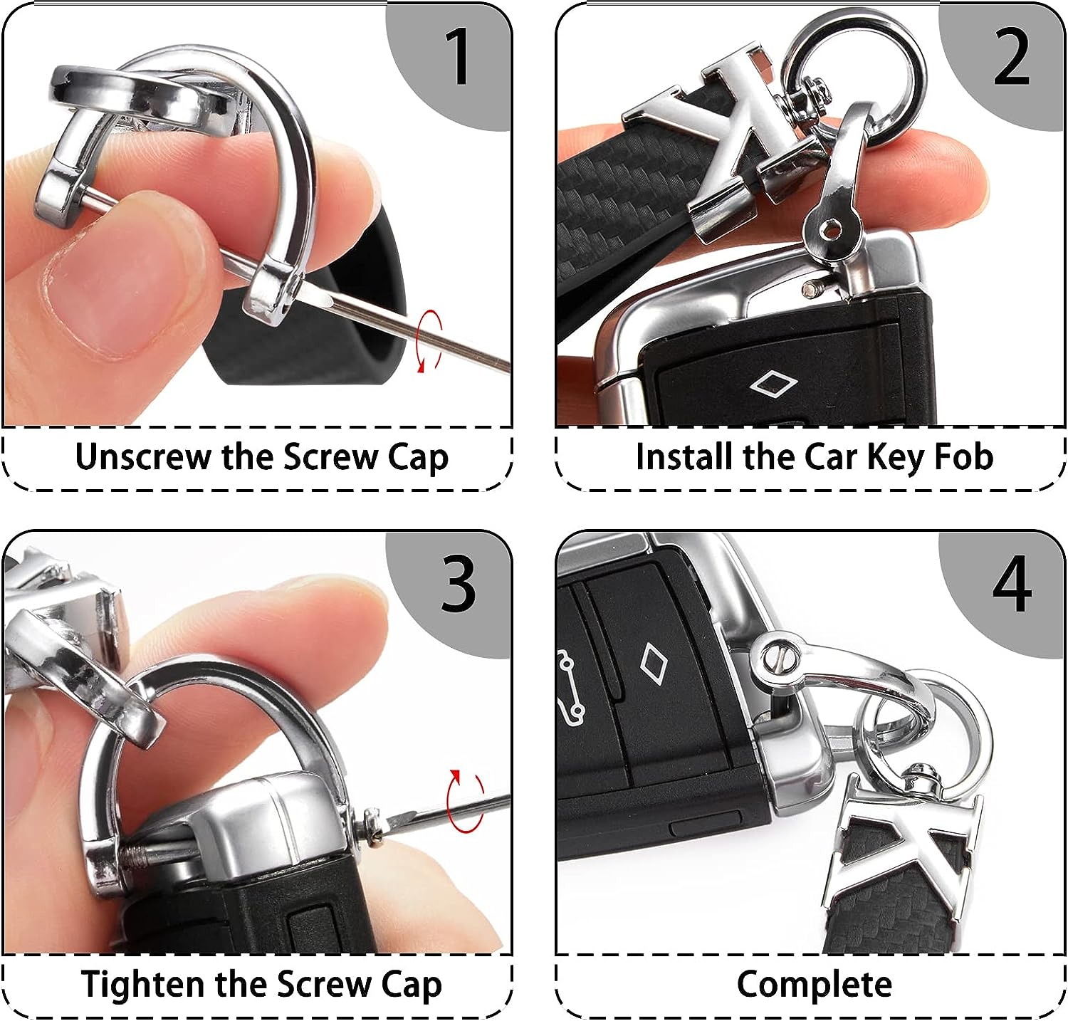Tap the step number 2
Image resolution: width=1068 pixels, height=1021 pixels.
(1011, 56)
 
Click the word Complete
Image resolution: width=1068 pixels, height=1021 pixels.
(814, 985)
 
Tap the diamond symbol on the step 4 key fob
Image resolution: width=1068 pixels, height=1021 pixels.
(651, 661)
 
